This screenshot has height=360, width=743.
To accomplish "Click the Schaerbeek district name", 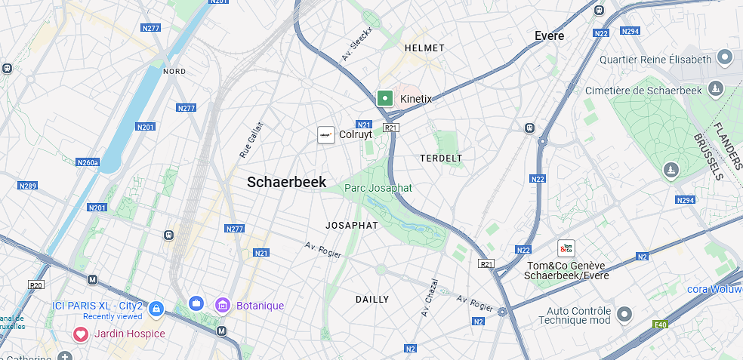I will [287, 182].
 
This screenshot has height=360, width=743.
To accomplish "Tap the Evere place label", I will [549, 35].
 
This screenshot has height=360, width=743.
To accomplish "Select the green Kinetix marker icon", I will [385, 98].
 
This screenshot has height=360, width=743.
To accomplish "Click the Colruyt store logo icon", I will [325, 135].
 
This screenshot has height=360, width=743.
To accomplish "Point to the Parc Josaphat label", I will [379, 188].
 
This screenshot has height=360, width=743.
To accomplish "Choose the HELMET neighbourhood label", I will [425, 48].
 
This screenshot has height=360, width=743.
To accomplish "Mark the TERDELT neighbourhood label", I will [441, 158].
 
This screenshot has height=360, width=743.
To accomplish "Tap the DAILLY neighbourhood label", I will [372, 300].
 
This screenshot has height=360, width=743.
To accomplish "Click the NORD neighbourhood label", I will [174, 72].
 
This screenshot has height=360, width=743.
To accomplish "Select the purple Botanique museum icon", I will [223, 305].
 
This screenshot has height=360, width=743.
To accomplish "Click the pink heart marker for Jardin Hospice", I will [80, 334].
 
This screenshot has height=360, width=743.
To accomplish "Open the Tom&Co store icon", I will [566, 248].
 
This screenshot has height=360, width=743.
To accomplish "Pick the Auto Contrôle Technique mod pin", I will [624, 313].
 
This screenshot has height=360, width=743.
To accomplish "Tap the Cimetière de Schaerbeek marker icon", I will [716, 90].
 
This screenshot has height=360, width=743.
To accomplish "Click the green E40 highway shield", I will [661, 325].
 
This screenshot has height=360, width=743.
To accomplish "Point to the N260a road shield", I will [88, 162].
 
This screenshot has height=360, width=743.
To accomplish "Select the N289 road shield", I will [28, 186].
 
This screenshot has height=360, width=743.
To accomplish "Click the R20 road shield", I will [35, 285].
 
